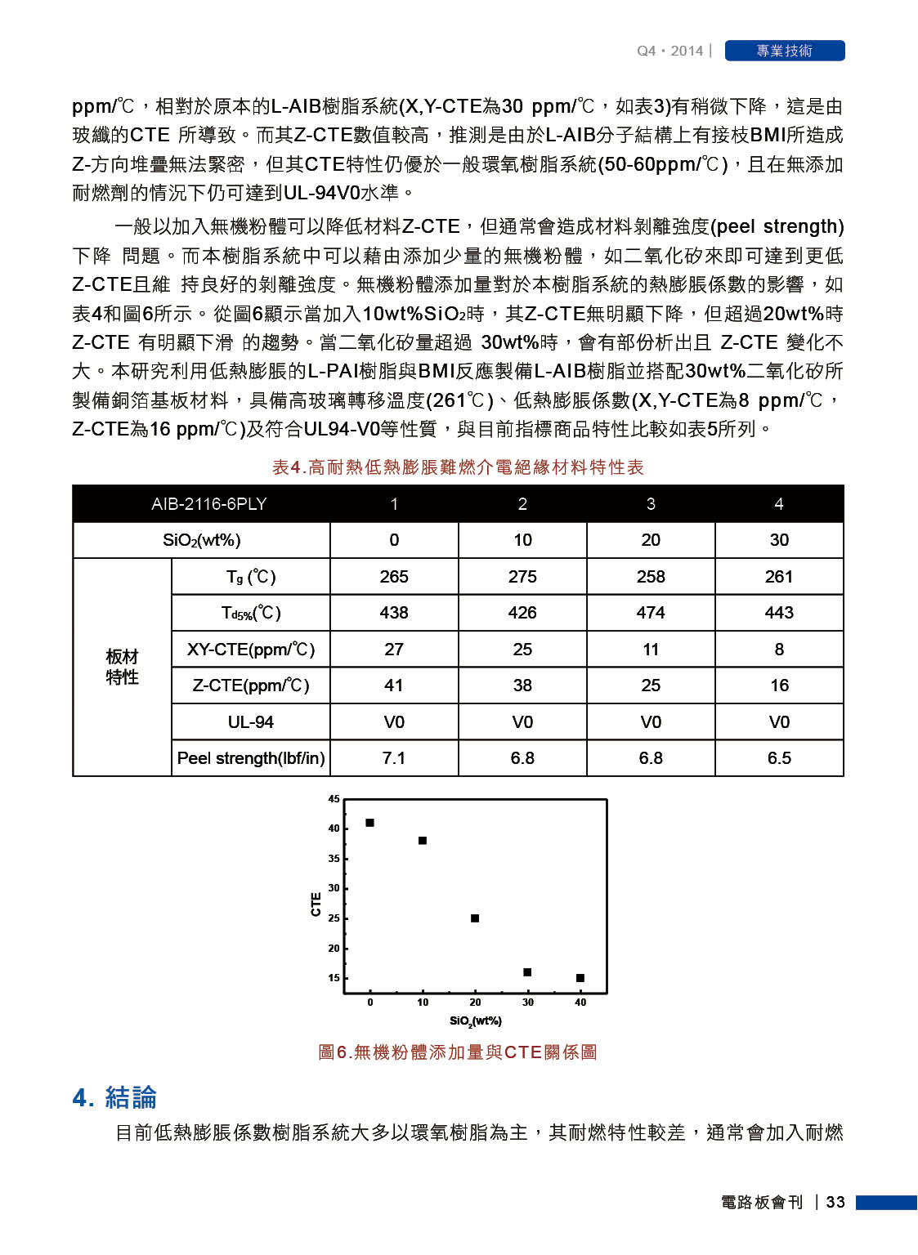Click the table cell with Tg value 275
[x=522, y=577]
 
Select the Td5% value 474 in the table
[x=651, y=613]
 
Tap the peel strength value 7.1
[x=394, y=758]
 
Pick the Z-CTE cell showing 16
[x=779, y=686]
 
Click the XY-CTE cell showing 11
[x=651, y=650]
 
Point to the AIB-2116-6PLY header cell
[x=208, y=504]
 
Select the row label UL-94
[x=250, y=722]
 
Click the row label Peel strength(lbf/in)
[x=250, y=758]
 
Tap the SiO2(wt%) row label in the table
[x=201, y=540]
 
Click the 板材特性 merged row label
[x=122, y=667]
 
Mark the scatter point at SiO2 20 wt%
[x=475, y=918]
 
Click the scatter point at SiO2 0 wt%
[x=369, y=823]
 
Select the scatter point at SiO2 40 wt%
[x=580, y=978]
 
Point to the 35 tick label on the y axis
[x=334, y=859]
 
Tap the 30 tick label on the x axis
[x=528, y=1003]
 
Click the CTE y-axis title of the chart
[x=316, y=904]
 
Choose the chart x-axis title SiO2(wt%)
[x=476, y=1021]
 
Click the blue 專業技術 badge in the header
[x=784, y=51]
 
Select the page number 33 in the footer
[x=835, y=1202]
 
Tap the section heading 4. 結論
[x=114, y=1097]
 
